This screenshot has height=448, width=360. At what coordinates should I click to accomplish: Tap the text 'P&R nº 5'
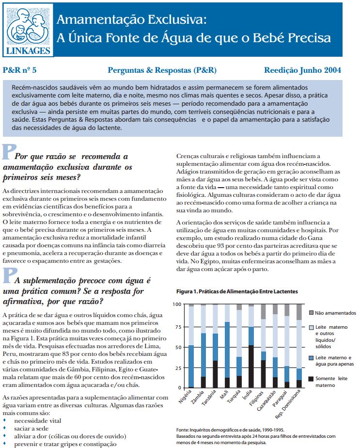tap(20, 70)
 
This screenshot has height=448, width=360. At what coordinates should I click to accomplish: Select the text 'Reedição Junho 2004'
tap(302, 70)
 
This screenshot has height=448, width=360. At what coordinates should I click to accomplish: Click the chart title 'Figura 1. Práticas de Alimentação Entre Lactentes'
tap(237, 291)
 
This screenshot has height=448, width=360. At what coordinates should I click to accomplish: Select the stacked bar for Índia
tap(251, 346)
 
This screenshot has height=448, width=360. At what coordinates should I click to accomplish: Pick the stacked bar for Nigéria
tap(191, 346)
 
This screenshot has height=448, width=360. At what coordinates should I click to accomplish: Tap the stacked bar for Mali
tap(227, 346)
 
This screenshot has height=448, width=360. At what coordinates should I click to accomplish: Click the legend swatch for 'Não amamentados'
tap(312, 313)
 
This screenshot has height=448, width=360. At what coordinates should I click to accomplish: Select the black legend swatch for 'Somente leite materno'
tap(312, 379)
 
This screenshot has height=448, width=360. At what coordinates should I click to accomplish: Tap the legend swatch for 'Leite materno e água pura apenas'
tap(312, 357)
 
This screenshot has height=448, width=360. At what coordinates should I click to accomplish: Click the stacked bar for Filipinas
tap(263, 346)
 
